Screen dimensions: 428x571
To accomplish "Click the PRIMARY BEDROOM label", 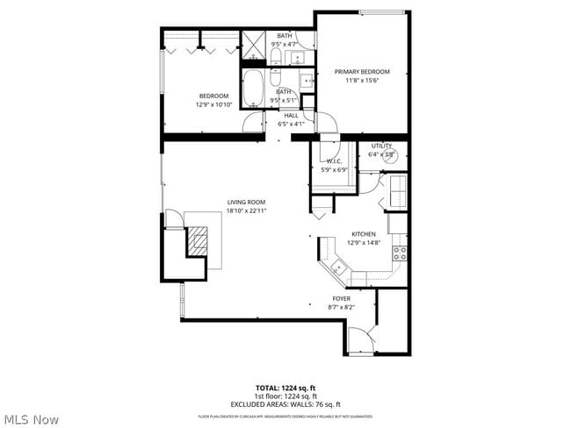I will [362, 72].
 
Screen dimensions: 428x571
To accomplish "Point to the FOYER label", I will [339, 299].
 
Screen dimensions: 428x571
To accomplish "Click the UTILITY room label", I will [381, 146].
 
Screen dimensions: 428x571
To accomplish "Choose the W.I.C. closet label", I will [335, 161].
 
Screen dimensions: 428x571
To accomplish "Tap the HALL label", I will [291, 115].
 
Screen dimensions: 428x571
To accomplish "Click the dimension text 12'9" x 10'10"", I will [213, 105].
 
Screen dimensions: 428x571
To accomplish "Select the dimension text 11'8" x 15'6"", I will [362, 81].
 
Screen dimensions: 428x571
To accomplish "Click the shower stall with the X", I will [254, 44].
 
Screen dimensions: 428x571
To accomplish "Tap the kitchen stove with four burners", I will [400, 254].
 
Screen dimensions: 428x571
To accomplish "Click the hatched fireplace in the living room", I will [199, 240].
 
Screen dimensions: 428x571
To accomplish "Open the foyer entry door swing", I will [359, 339].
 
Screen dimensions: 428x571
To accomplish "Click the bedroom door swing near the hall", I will [253, 122].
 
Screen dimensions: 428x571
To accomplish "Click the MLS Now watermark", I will [30, 418].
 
